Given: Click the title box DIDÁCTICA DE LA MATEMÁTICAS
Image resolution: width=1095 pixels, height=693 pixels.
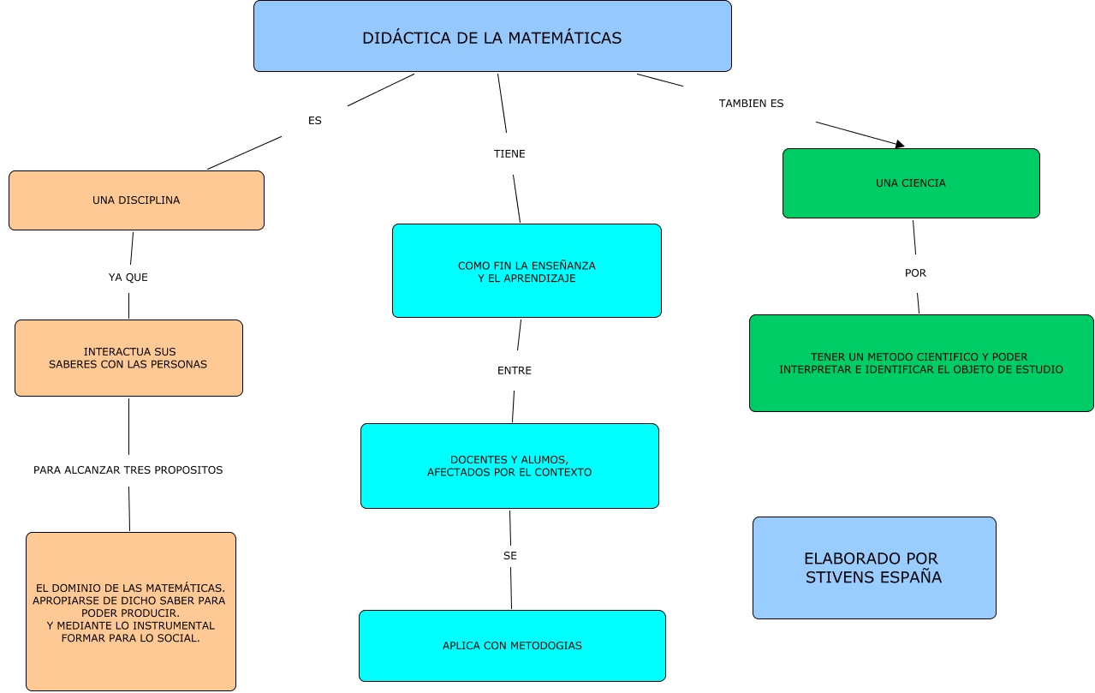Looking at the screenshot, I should point(492,37).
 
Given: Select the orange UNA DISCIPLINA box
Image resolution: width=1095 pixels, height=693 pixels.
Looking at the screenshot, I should point(136,200).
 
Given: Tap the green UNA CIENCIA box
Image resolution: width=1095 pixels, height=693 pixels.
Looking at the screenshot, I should point(911,183).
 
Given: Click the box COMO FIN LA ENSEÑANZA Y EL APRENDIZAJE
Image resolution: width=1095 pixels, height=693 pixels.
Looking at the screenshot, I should point(527,272).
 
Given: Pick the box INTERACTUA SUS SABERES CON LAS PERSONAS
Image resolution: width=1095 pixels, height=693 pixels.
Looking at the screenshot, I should point(128,358).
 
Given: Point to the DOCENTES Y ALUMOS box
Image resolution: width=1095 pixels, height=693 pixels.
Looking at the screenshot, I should point(509,466).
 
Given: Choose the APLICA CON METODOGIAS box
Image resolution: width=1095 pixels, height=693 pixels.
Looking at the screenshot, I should point(512,646).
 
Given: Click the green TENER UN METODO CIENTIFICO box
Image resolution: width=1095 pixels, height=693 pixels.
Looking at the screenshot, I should point(921,363).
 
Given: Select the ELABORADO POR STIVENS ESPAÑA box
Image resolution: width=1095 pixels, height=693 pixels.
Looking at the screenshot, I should point(874,568).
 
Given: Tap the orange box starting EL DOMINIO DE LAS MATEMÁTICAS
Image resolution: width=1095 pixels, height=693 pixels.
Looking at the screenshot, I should point(130,612).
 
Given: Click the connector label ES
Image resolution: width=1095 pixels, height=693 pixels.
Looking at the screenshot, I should point(315,121).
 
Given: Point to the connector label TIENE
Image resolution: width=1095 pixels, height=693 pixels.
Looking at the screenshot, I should point(509,154).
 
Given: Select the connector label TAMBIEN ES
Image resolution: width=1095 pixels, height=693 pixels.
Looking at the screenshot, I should point(751,104).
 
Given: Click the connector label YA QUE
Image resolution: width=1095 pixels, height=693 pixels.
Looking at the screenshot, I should point(128,278).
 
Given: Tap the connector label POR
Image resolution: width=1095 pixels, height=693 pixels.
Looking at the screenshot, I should point(915,273).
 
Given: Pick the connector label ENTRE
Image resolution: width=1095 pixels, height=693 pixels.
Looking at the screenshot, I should point(515,371).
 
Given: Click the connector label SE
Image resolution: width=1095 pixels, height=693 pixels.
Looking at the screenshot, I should point(510,556).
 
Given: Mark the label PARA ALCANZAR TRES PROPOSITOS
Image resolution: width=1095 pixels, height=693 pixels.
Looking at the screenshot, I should point(128,470).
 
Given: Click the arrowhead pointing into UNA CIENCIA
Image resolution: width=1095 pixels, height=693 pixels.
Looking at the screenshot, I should point(900,145).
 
